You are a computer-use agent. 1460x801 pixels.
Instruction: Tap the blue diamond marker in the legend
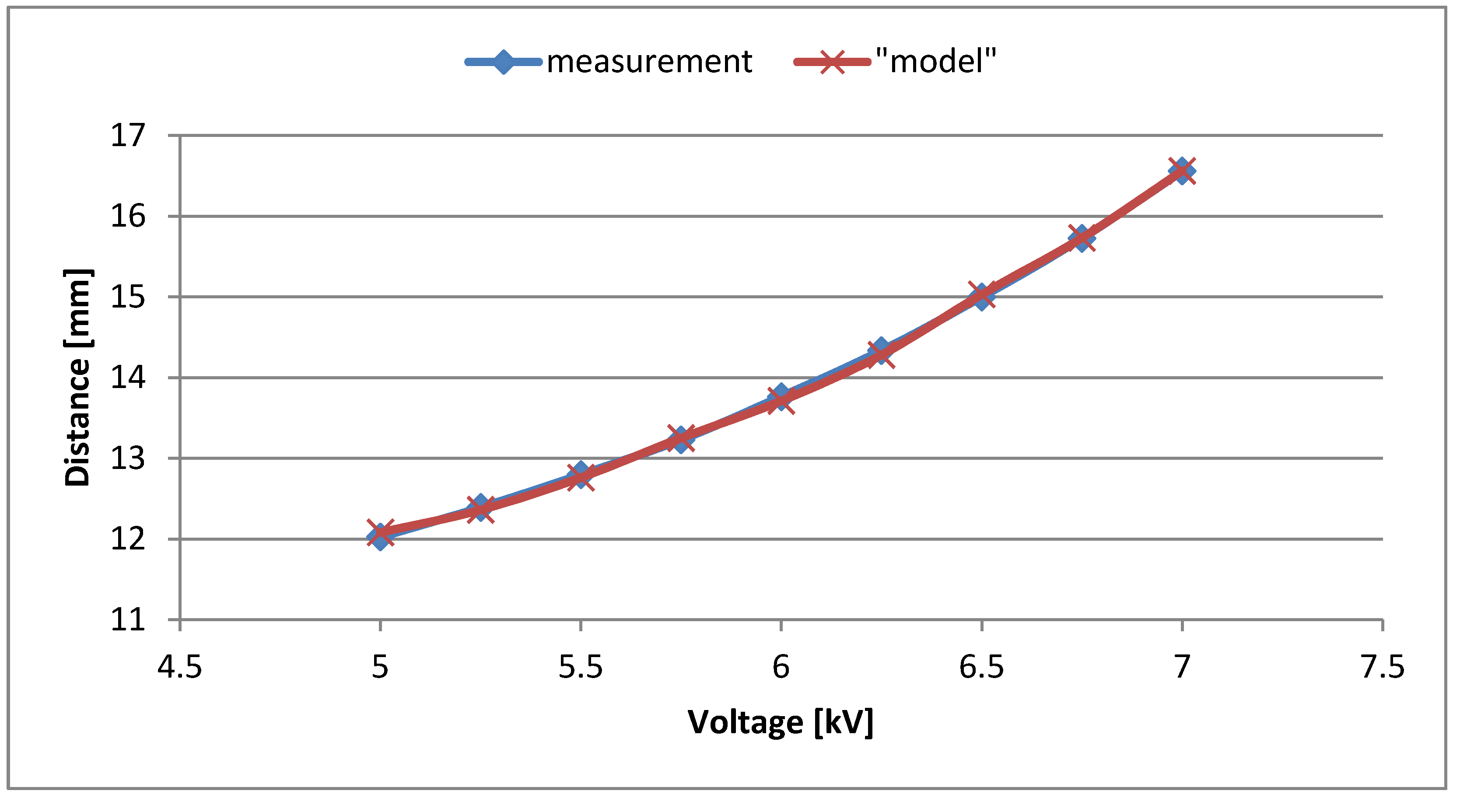[503, 62]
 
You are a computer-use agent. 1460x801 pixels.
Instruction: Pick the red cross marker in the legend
[831, 62]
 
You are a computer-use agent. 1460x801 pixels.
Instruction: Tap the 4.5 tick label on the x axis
[180, 667]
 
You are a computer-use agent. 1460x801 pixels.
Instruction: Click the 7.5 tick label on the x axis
[1383, 667]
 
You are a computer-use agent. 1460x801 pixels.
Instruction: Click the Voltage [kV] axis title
[781, 723]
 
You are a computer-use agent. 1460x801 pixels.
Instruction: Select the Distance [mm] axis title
[77, 378]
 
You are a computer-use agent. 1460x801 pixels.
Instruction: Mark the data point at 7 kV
[1182, 170]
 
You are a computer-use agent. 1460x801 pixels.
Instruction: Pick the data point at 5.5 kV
[581, 475]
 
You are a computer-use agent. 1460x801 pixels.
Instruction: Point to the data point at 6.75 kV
[1082, 238]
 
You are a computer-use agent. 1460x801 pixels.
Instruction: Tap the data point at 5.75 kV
[681, 439]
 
